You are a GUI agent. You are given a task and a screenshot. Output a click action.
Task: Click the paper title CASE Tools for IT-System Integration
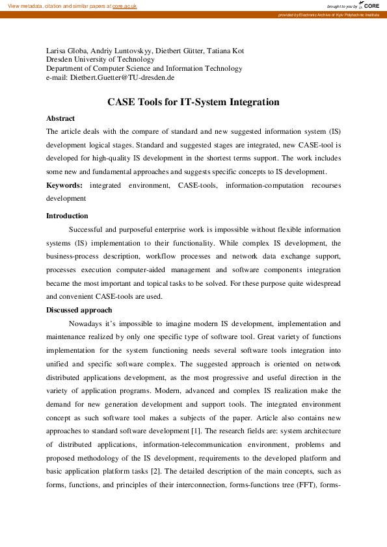(x=193, y=102)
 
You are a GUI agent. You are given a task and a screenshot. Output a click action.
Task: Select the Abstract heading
(x=60, y=118)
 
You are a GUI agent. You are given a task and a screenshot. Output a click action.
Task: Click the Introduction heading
(x=67, y=216)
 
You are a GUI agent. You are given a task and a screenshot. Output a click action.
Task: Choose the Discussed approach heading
(x=79, y=310)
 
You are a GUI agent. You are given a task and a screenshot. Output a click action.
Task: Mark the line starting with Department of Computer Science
(x=144, y=68)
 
